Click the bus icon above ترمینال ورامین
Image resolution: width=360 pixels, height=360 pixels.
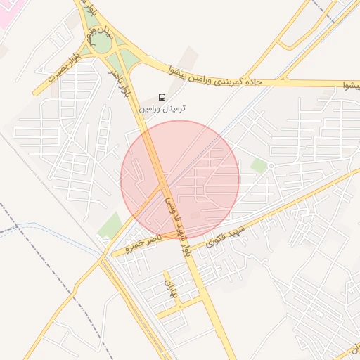click(162, 97)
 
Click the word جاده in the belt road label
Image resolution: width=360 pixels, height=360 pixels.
click(251, 82)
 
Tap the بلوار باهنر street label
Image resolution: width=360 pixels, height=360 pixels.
click(122, 80)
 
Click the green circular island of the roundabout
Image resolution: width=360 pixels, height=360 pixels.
click(101, 44)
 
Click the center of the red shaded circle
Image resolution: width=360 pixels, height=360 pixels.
click(180, 180)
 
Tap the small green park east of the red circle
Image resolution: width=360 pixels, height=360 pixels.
click(259, 166)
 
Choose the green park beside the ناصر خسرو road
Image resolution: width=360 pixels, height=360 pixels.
click(110, 226)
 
